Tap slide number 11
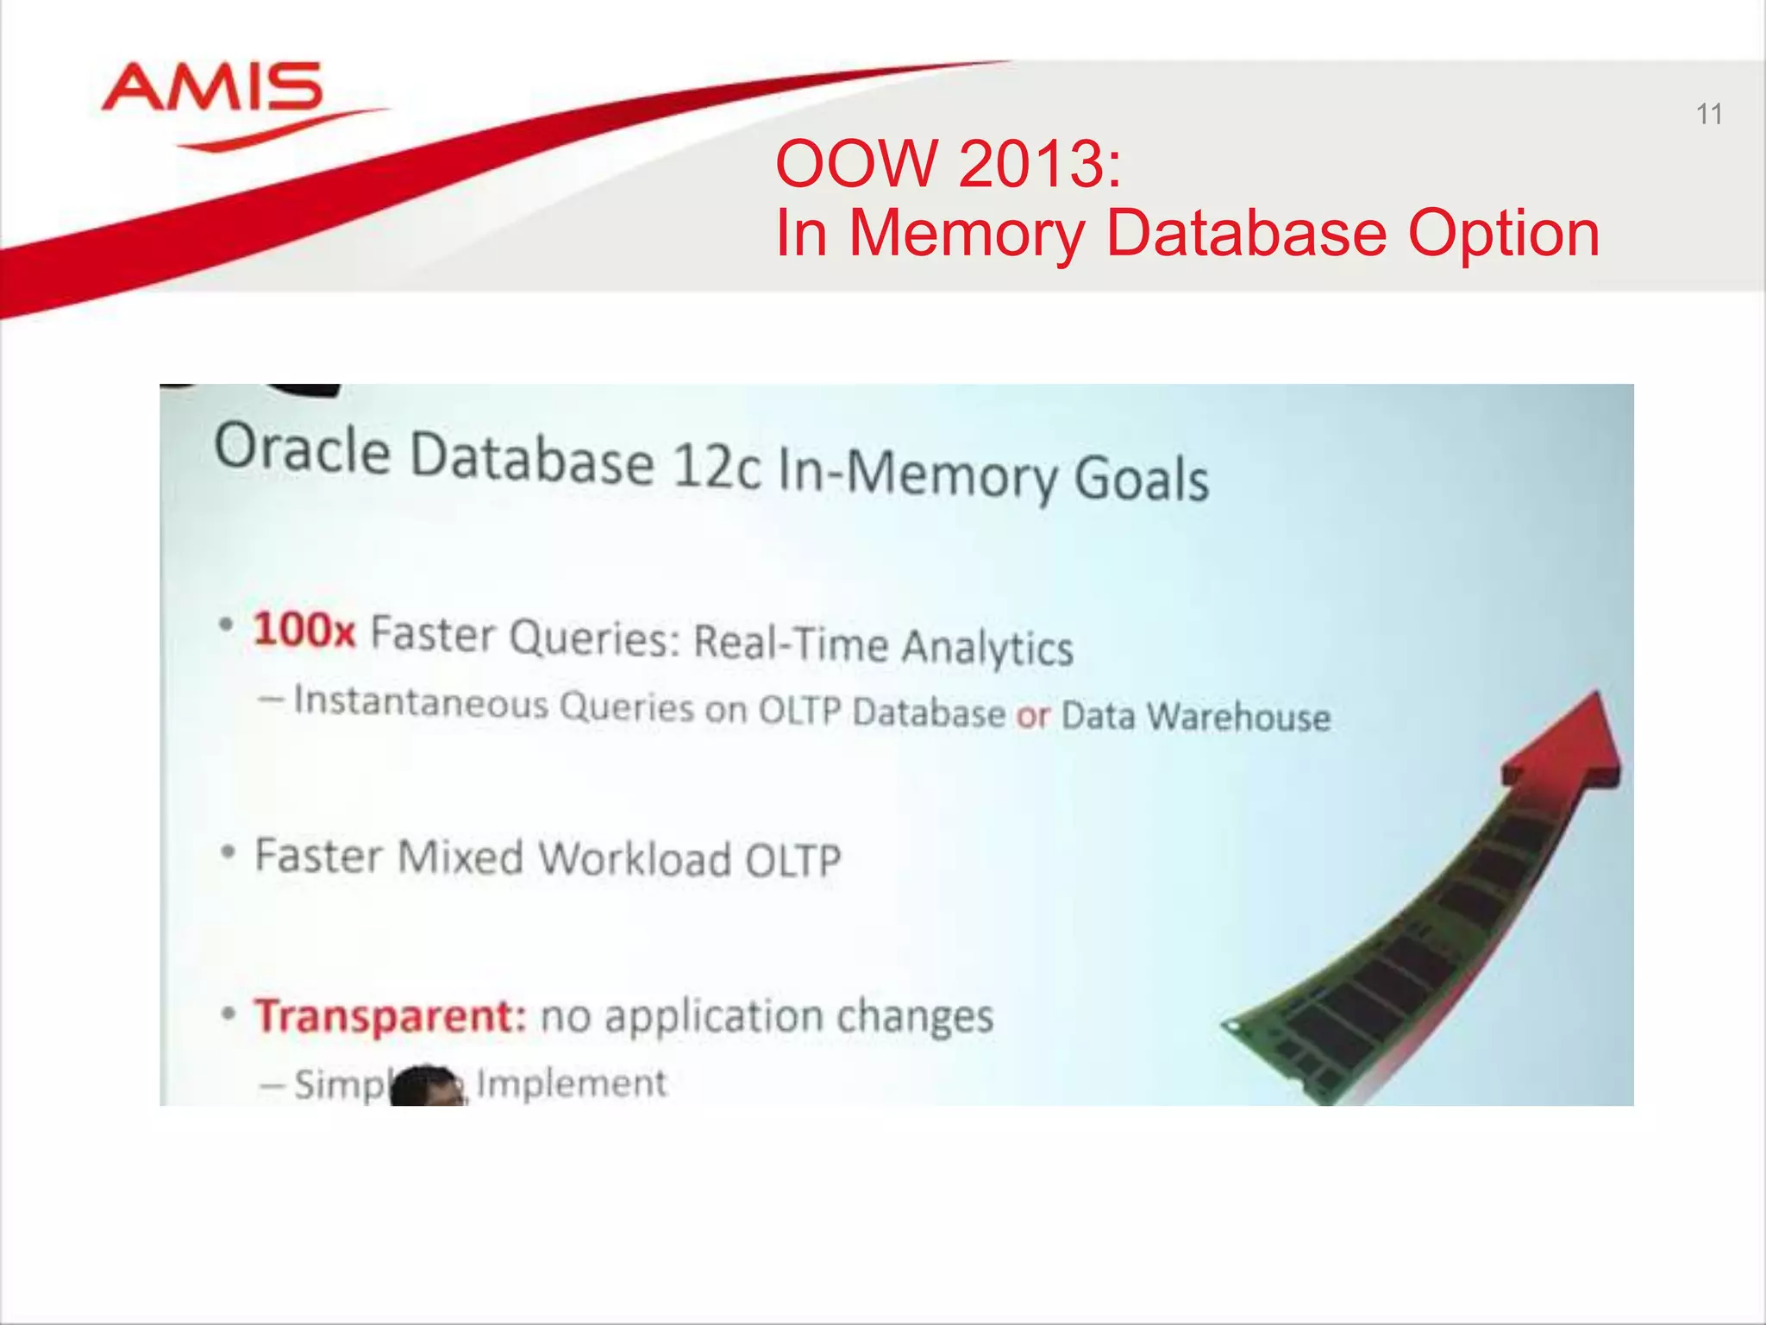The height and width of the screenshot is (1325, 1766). coord(1708,114)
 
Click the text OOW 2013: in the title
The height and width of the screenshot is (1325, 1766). coord(949,163)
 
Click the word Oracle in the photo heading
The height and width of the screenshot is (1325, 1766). coord(302,449)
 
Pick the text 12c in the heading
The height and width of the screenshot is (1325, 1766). coord(716,468)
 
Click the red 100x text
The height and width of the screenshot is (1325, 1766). coord(304,629)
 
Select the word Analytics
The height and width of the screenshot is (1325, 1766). coord(987,646)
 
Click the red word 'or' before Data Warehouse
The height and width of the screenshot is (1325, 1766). coord(1032,715)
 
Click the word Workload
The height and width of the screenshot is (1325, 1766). coord(634,858)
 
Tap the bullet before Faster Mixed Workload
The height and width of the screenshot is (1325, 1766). coord(228,852)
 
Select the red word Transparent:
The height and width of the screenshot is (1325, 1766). coord(390,1015)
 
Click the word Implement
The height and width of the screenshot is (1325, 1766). coord(571,1083)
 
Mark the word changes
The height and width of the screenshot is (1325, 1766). coord(915,1015)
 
